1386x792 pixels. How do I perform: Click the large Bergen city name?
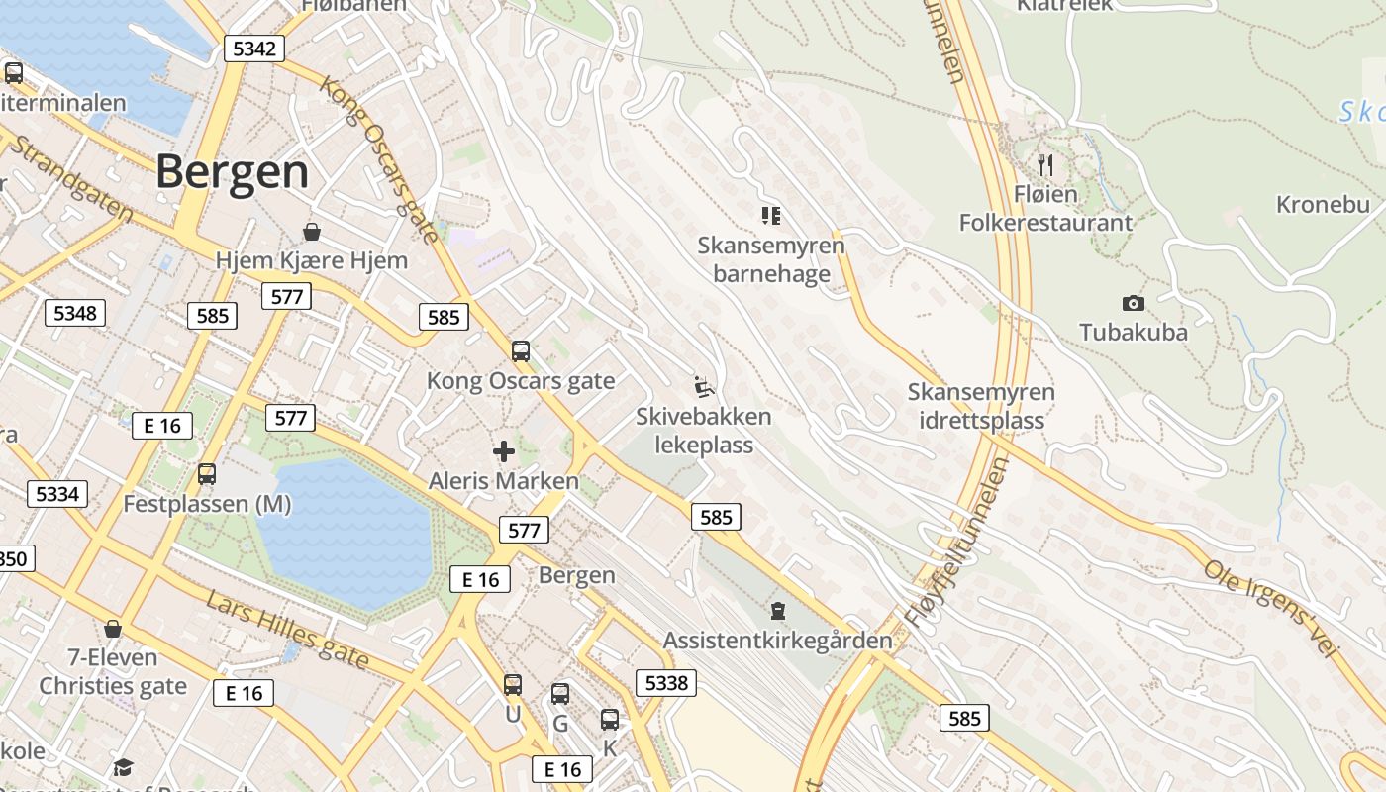(232, 172)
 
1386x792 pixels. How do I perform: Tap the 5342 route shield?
(254, 49)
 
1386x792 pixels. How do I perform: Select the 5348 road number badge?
(75, 314)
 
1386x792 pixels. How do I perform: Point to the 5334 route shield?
(56, 493)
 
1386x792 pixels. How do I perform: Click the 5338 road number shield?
(665, 682)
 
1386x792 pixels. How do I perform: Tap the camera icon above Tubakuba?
(1134, 303)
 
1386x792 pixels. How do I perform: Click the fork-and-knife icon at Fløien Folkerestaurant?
(1045, 163)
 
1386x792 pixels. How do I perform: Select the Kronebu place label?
(1323, 205)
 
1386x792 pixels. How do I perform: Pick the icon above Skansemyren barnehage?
(771, 215)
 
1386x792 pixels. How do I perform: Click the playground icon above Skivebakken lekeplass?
(703, 386)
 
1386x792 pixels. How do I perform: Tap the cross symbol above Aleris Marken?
(504, 452)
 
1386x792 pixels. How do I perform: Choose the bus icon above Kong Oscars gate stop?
(521, 350)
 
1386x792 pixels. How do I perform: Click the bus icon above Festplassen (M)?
(207, 474)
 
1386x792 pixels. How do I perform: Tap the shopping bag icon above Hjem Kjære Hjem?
(312, 232)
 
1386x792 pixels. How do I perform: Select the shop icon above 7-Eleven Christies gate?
(113, 629)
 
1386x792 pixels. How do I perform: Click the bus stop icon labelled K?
(610, 720)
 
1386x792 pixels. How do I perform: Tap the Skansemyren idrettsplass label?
(981, 406)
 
